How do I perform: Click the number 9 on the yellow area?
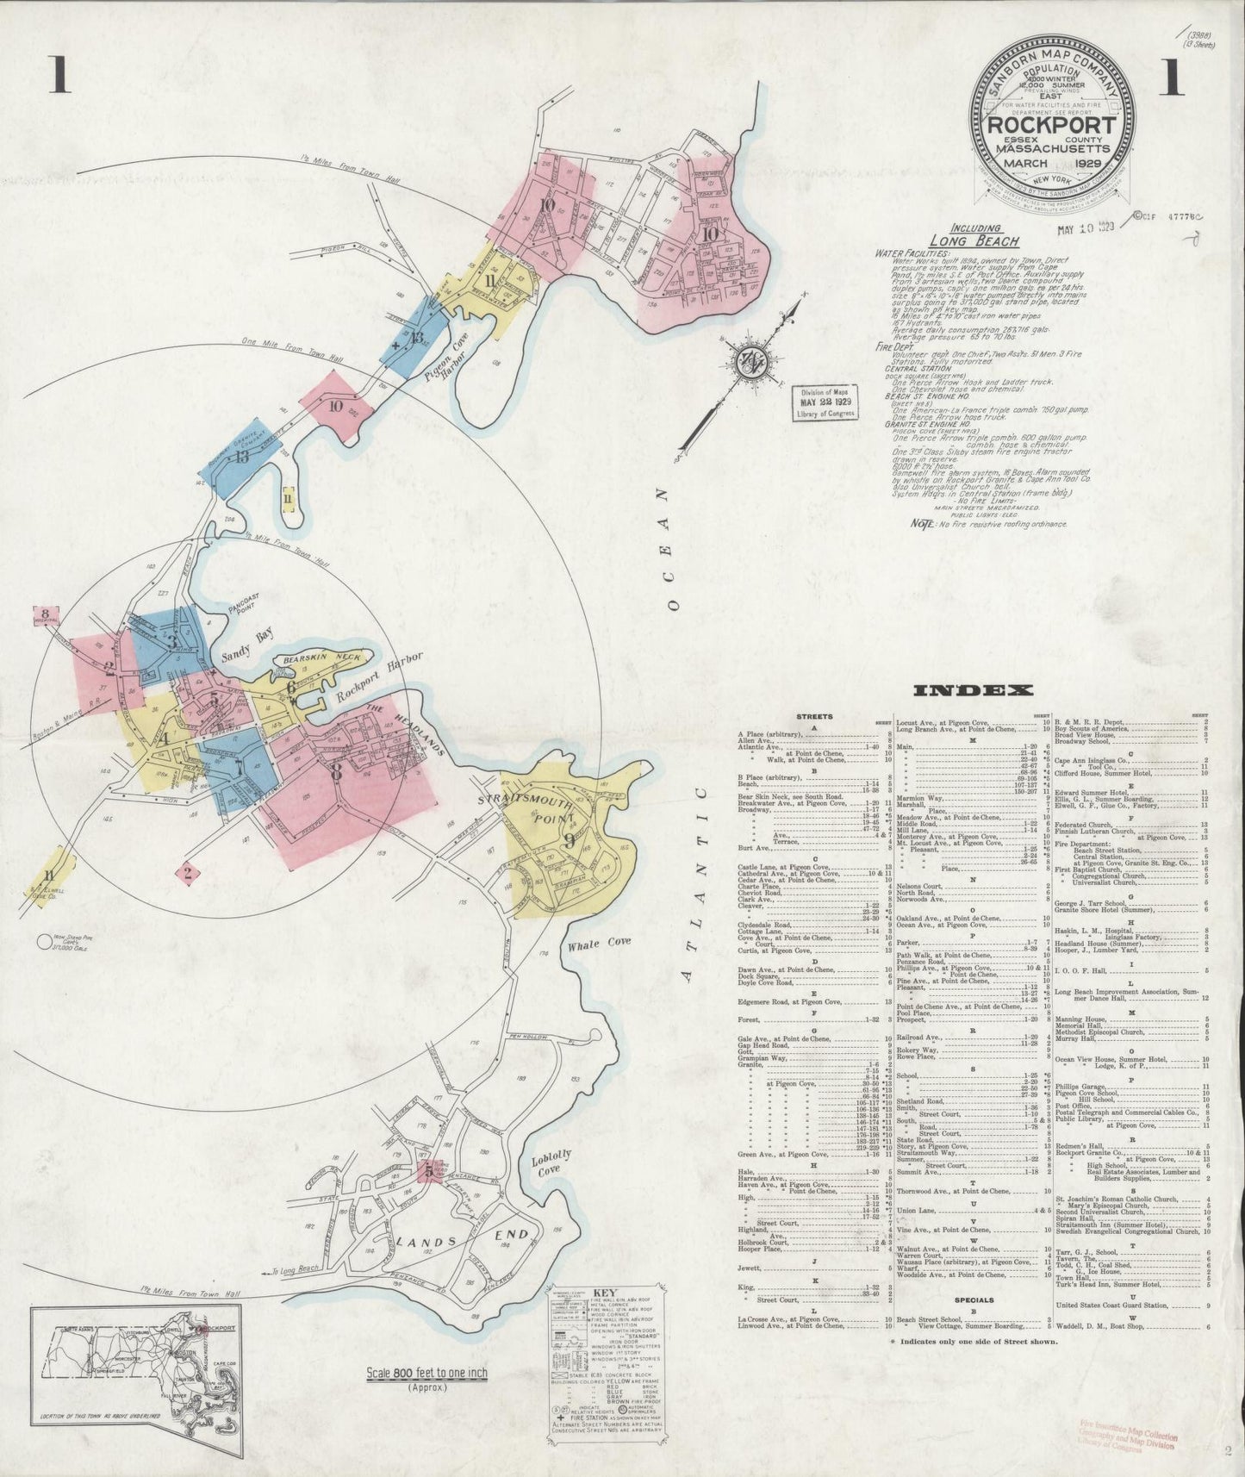(x=568, y=840)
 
